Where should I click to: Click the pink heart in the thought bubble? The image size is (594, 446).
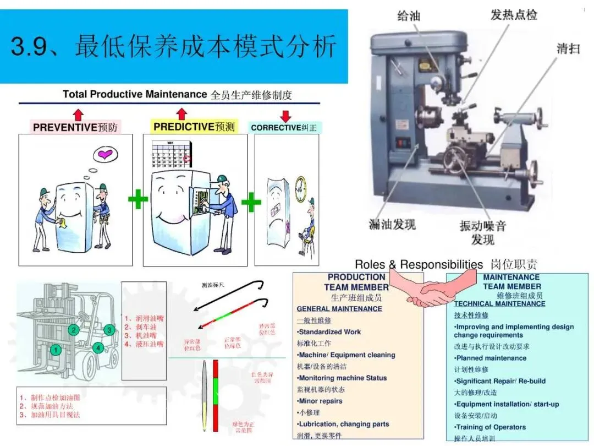pyautogui.click(x=105, y=155)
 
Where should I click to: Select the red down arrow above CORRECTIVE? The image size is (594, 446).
pyautogui.click(x=285, y=116)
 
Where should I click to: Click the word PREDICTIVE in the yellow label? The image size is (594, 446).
pyautogui.click(x=184, y=127)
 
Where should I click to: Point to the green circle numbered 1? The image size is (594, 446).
pyautogui.click(x=55, y=349)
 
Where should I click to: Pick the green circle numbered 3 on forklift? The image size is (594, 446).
pyautogui.click(x=109, y=330)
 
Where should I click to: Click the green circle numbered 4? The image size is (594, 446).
pyautogui.click(x=98, y=348)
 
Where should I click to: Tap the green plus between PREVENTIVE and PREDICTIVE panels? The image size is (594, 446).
pyautogui.click(x=137, y=201)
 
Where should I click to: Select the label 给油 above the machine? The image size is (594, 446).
pyautogui.click(x=409, y=15)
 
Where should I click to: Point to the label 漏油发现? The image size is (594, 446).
pyautogui.click(x=392, y=224)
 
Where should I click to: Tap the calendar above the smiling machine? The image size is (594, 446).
pyautogui.click(x=170, y=154)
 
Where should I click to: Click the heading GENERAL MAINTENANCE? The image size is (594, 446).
pyautogui.click(x=339, y=309)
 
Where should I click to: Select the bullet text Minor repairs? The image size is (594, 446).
pyautogui.click(x=321, y=401)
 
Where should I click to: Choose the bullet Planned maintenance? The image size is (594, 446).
pyautogui.click(x=491, y=358)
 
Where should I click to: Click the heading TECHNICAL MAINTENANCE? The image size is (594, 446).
pyautogui.click(x=499, y=304)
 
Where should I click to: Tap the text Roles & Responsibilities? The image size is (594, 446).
pyautogui.click(x=419, y=264)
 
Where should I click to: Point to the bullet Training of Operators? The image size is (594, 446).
pyautogui.click(x=491, y=427)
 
